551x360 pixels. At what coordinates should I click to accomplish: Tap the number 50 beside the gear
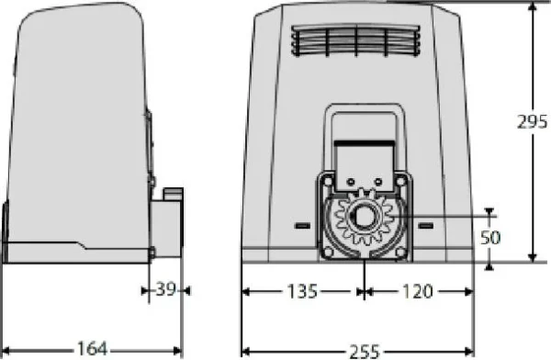pyautogui.click(x=491, y=237)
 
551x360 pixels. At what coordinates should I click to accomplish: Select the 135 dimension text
pyautogui.click(x=301, y=292)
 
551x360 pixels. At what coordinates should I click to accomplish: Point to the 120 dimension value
pyautogui.click(x=417, y=292)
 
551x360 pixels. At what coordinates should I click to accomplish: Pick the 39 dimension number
pyautogui.click(x=166, y=290)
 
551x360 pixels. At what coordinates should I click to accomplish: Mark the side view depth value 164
pyautogui.click(x=90, y=349)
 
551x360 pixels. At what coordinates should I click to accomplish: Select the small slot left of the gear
pyautogui.click(x=300, y=224)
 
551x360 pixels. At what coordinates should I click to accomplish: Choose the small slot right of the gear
pyautogui.click(x=424, y=224)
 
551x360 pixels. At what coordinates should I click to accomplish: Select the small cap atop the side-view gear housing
pyautogui.click(x=173, y=193)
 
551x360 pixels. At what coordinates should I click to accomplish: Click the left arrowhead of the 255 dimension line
pyautogui.click(x=246, y=350)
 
